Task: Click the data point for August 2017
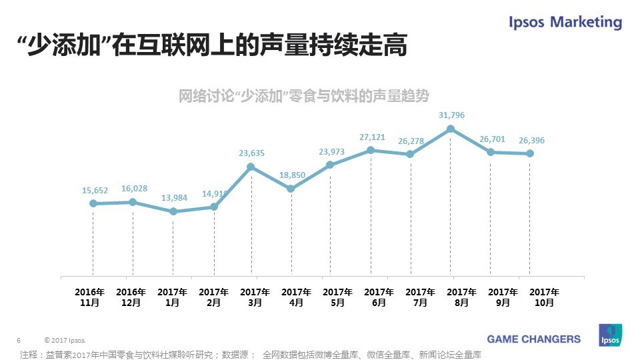click(x=451, y=129)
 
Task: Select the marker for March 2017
click(x=251, y=167)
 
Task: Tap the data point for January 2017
click(x=173, y=211)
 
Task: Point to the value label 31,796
click(x=451, y=115)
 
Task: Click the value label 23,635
click(x=251, y=153)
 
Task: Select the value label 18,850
click(x=292, y=175)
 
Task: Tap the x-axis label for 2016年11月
click(x=89, y=297)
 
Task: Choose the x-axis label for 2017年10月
click(x=544, y=297)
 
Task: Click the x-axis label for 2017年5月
click(x=337, y=297)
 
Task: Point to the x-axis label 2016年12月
click(x=131, y=297)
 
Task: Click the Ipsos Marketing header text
click(x=565, y=22)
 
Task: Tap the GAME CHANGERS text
click(x=533, y=339)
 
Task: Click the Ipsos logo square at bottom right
click(x=611, y=335)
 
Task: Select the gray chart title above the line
click(x=303, y=96)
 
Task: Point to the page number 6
click(x=19, y=339)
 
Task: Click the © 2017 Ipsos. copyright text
click(x=65, y=339)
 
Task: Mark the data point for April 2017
click(x=291, y=189)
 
